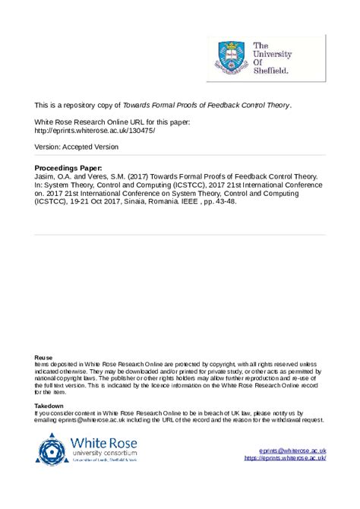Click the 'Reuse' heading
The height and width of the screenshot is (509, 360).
(44, 357)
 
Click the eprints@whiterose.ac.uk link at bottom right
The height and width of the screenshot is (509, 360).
(292, 451)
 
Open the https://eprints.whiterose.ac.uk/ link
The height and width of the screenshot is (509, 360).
(285, 458)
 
